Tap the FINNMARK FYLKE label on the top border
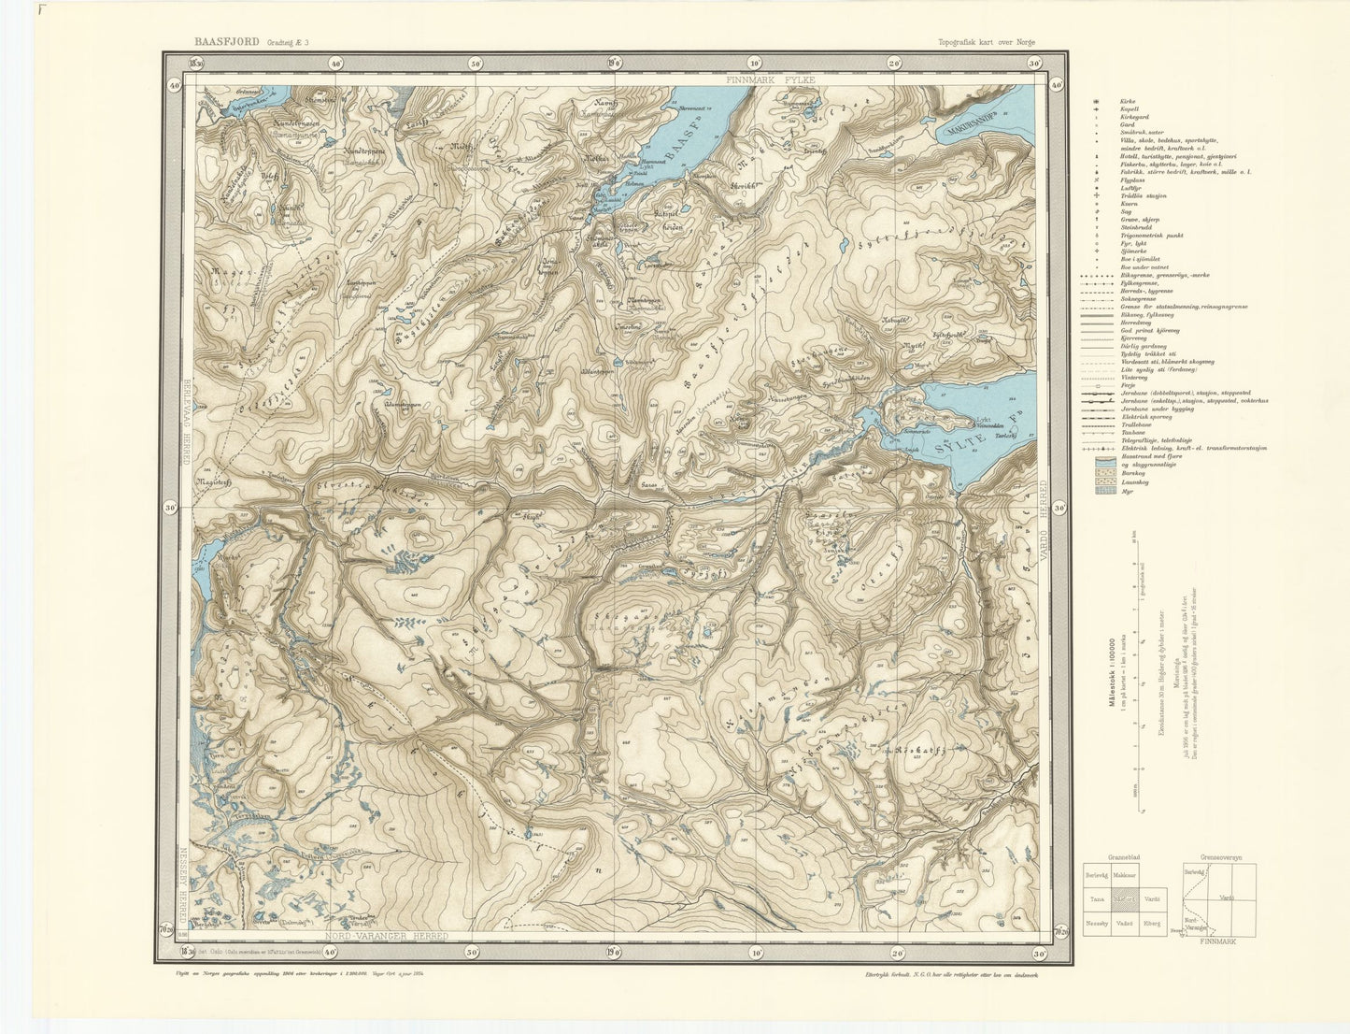pyautogui.click(x=774, y=80)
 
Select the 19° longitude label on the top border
pyautogui.click(x=614, y=63)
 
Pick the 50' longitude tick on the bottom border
pyautogui.click(x=475, y=952)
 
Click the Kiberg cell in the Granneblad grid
pyautogui.click(x=1153, y=924)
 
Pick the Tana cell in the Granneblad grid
pyautogui.click(x=1097, y=899)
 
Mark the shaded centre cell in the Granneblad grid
pyautogui.click(x=1125, y=899)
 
